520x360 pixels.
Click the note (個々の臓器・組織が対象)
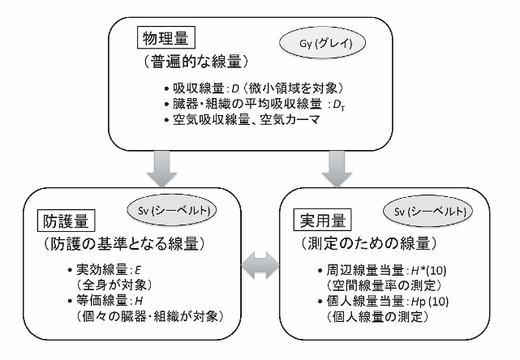[x=148, y=315]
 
